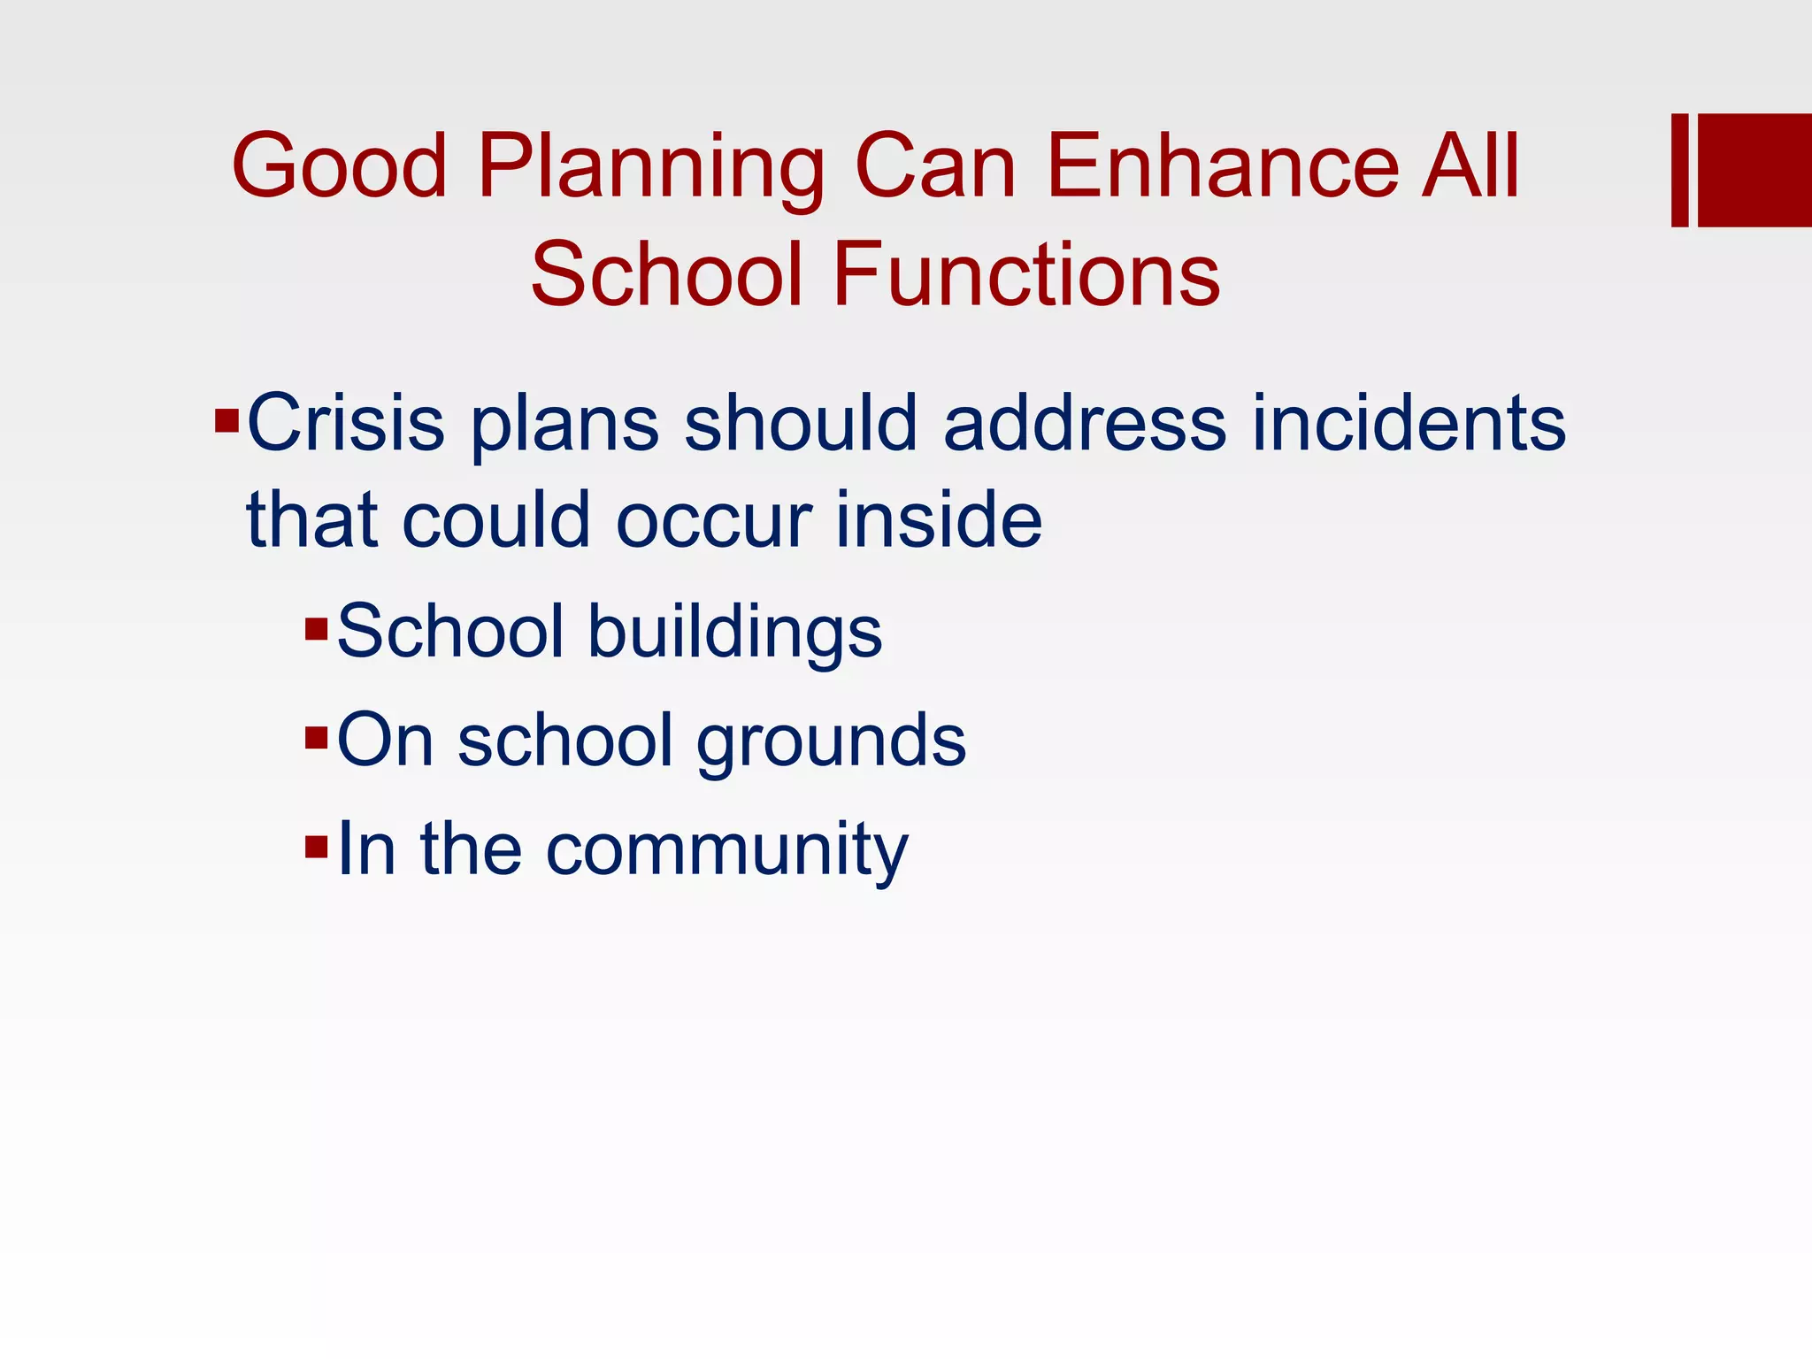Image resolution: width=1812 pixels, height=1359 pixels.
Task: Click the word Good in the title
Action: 340,166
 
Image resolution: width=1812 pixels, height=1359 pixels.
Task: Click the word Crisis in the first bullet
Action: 345,423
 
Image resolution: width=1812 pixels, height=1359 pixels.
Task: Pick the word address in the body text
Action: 1085,423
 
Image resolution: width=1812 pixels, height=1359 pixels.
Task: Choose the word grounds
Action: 831,741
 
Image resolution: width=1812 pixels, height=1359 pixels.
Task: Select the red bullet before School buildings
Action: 316,629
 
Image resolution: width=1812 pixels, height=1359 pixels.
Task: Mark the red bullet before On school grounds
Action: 316,737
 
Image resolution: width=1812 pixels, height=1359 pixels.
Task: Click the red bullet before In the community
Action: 316,847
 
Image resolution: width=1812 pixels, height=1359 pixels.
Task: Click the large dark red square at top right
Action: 1754,170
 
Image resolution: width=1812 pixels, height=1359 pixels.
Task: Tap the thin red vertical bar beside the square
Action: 1679,170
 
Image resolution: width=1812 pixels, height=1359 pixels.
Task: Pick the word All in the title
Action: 1470,166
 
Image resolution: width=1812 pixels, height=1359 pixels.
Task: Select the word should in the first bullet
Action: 800,423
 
